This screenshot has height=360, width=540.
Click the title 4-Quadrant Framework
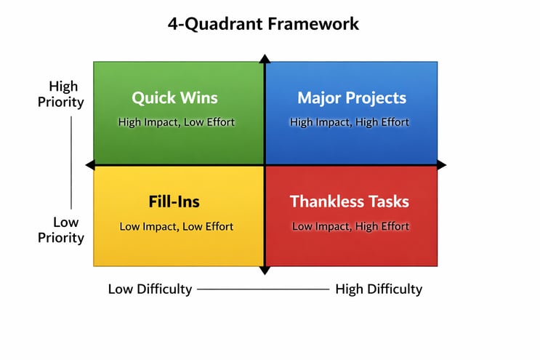263,23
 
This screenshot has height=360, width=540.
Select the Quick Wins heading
174,97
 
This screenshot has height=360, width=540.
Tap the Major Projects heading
352,97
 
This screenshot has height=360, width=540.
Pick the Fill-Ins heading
174,201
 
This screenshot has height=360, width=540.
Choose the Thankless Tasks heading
350,201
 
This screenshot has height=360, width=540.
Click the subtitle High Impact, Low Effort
177,122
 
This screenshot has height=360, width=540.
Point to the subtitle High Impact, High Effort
350,122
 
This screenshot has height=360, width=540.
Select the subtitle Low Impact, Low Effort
177,226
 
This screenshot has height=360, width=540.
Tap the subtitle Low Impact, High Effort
350,226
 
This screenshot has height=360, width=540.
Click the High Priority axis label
61,94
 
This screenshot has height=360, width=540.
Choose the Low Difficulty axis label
150,289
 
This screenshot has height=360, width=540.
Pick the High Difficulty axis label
379,289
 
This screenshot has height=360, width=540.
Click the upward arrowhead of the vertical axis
265,59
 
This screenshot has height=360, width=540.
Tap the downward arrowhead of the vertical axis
265,271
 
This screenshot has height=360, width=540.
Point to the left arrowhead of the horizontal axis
90,165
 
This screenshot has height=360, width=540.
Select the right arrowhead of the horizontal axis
441,165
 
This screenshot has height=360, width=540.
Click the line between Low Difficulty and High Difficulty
263,289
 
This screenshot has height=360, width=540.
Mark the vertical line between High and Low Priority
71,161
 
